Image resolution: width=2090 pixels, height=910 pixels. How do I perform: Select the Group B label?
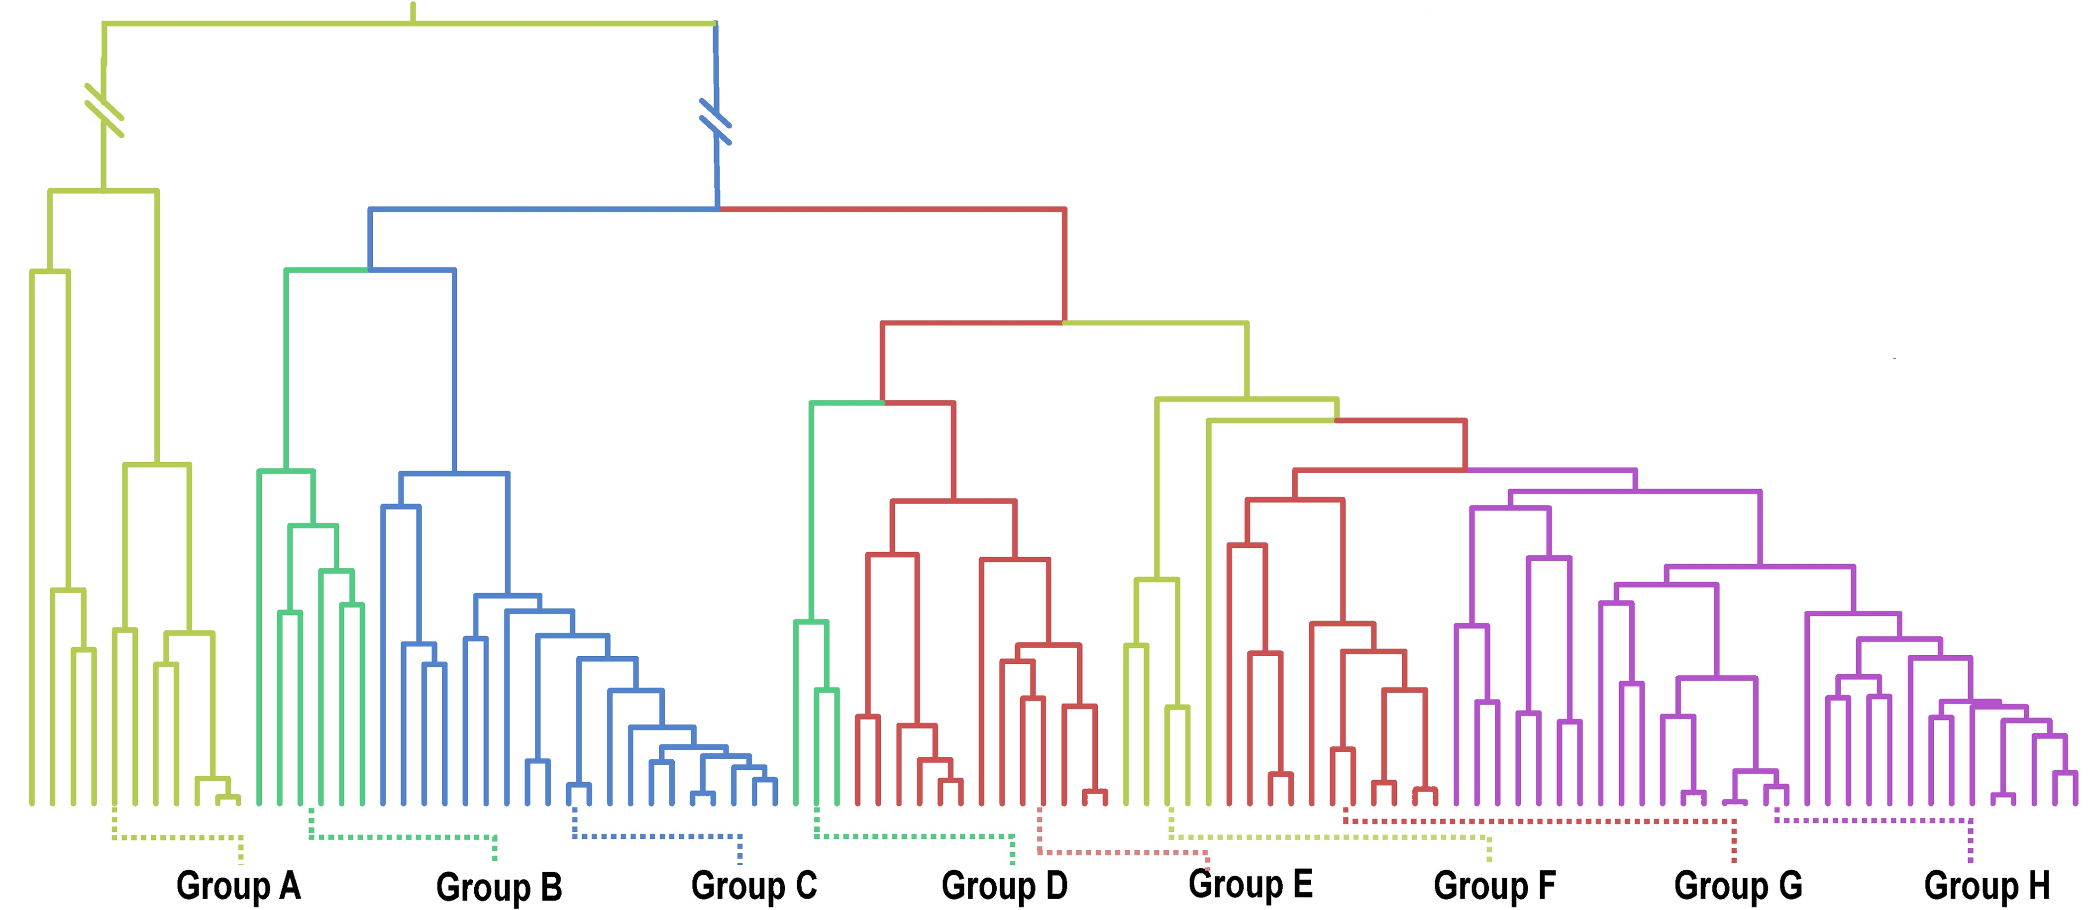point(499,887)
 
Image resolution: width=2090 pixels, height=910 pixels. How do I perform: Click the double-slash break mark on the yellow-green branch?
point(104,110)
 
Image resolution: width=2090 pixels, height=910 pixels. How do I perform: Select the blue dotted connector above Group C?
point(657,835)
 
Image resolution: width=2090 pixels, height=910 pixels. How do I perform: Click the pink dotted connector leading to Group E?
point(1124,852)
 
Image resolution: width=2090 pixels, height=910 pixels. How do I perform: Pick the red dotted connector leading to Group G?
point(1539,821)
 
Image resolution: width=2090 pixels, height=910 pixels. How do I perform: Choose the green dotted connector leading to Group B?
point(403,837)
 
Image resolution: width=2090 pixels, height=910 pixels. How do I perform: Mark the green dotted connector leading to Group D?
point(915,835)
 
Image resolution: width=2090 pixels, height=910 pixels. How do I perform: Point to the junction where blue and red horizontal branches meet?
point(718,209)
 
